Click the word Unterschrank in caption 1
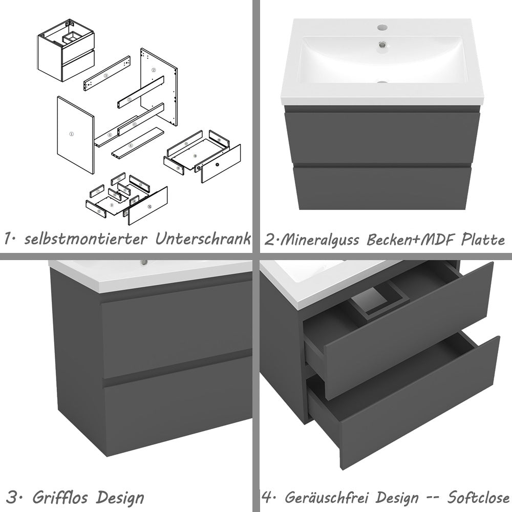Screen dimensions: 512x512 tap(204, 239)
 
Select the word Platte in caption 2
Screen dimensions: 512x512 tap(483, 240)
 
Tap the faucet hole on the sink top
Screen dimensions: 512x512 tap(381, 27)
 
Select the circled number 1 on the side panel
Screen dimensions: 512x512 tap(72, 134)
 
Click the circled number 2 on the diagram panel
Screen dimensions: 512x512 tap(154, 69)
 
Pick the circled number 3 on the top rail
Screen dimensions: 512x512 tap(105, 75)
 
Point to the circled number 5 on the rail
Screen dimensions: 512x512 tap(130, 99)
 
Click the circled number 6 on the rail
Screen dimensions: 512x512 tap(134, 124)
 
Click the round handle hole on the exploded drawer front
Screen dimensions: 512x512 tap(217, 165)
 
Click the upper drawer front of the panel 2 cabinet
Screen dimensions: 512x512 tap(382, 137)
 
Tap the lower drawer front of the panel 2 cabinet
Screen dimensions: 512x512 tap(382, 187)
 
